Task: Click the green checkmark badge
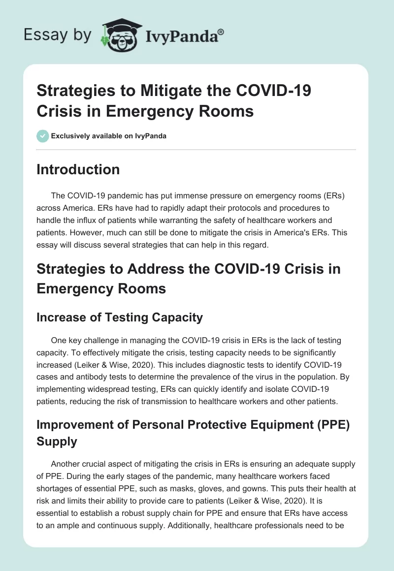(x=42, y=136)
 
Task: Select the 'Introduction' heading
(x=78, y=169)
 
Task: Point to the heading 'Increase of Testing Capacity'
(x=120, y=317)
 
